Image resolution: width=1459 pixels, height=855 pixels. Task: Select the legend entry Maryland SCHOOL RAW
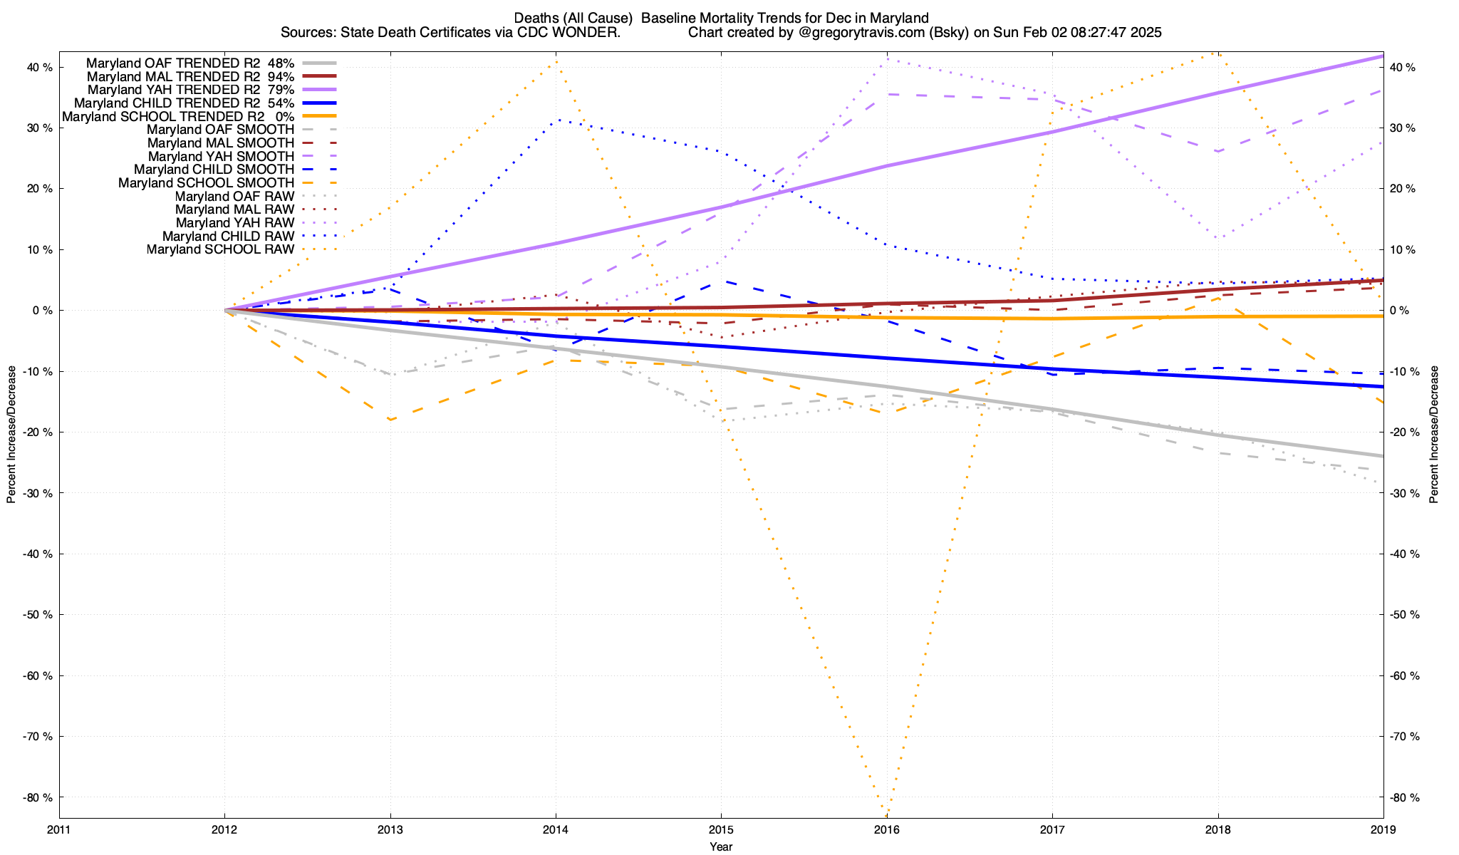point(220,249)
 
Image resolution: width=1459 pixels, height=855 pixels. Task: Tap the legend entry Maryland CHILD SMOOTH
point(214,170)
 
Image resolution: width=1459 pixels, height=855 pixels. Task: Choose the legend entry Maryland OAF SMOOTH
point(220,130)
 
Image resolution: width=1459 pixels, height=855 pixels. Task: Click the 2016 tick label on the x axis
point(886,829)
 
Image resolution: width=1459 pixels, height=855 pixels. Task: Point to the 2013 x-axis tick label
point(390,829)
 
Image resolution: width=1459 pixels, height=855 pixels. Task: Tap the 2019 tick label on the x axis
point(1383,829)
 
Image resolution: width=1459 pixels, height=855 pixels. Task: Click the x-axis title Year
point(721,846)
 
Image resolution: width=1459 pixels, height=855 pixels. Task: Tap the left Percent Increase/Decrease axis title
point(11,435)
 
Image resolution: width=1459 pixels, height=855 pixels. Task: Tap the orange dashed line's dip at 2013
point(390,420)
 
